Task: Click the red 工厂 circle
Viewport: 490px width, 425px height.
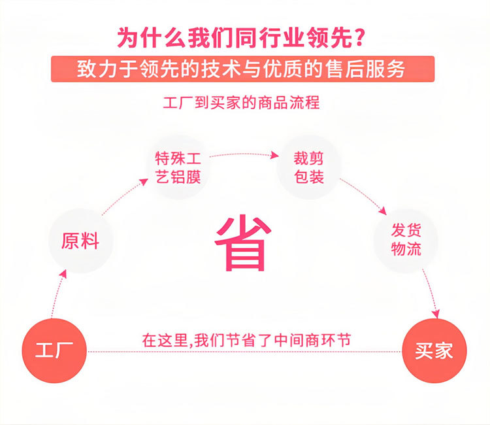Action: [x=55, y=351]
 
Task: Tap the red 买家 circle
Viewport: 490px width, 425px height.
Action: [x=434, y=351]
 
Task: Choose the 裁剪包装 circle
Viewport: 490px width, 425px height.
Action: [x=309, y=167]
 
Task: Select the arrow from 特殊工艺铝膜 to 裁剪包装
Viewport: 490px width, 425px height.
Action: [x=242, y=154]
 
